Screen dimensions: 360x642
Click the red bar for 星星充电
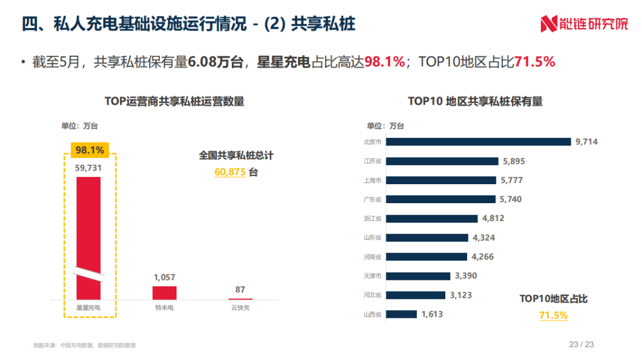pos(89,238)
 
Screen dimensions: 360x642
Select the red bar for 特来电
pos(165,293)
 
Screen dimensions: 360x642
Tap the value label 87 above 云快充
pos(240,289)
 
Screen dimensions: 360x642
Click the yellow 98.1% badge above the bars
pos(90,150)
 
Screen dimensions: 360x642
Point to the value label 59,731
pos(89,168)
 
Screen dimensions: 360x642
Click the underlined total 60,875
pos(230,172)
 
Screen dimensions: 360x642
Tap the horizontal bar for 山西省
pos(401,314)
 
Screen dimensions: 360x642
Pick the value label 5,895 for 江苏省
pos(514,161)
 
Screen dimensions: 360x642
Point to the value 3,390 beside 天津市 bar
pos(465,276)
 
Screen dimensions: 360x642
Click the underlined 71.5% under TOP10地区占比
pos(553,315)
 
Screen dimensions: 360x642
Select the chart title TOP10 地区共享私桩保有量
pos(475,101)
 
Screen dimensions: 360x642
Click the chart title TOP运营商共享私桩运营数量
pos(174,101)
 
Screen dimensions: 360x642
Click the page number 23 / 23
pos(582,344)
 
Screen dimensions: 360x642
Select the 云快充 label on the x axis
pos(240,308)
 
